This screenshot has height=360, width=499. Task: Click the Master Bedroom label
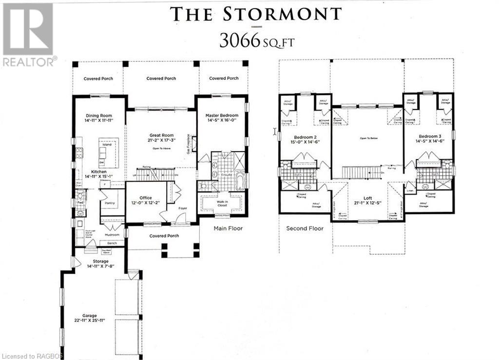coord(222,115)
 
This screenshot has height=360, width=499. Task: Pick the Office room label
coord(146,198)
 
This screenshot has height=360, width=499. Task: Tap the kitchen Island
coord(107,145)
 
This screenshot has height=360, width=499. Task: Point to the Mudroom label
coord(113,235)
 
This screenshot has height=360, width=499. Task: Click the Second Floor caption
coord(305,228)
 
